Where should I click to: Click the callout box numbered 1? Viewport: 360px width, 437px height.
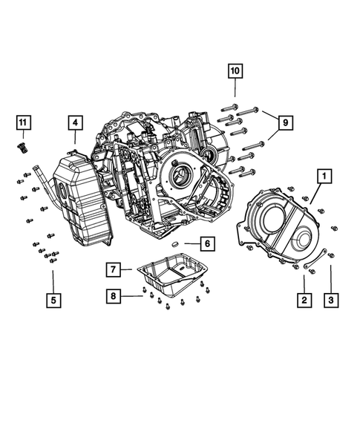pos(324,177)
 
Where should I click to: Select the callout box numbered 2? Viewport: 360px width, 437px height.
pos(303,300)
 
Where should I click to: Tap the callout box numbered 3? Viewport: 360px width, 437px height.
pos(331,300)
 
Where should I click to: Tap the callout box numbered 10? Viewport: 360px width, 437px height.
pos(235,71)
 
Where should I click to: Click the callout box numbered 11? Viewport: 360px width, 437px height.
pos(23,122)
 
